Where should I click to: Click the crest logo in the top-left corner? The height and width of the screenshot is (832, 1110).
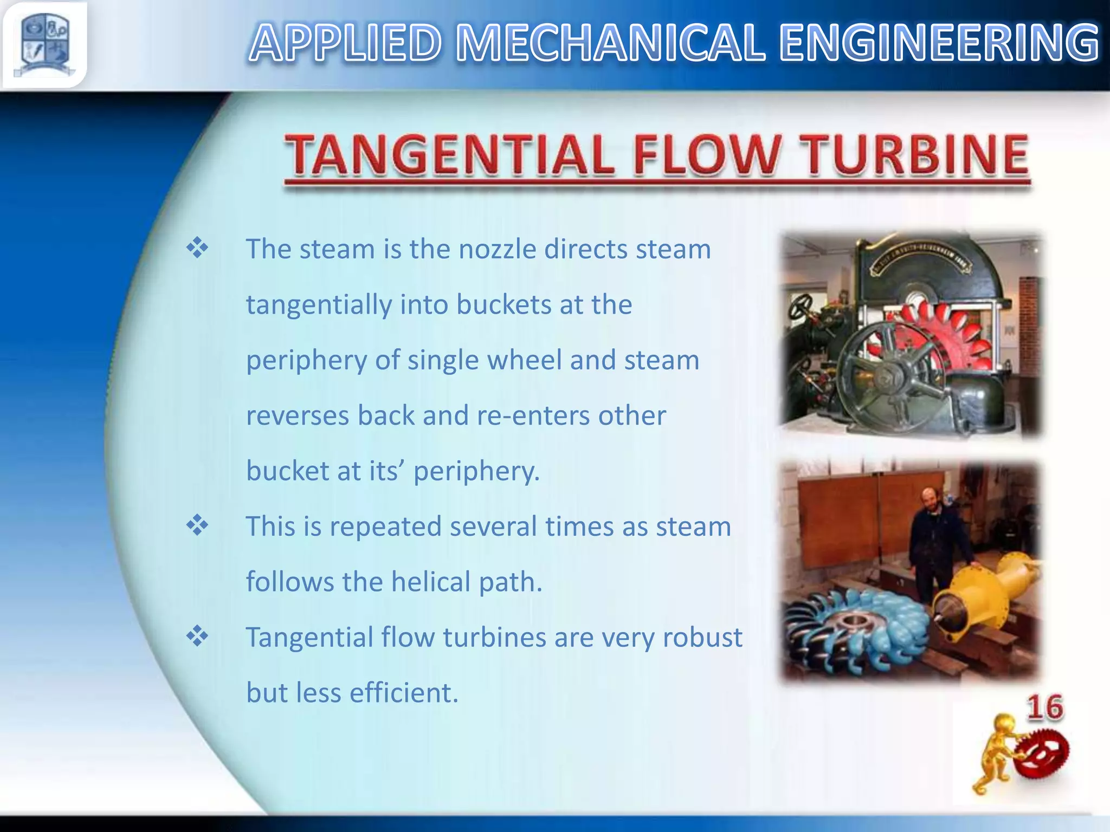point(44,45)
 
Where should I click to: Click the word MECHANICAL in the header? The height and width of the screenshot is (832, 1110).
point(610,43)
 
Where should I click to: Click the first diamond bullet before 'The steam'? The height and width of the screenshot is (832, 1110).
point(197,248)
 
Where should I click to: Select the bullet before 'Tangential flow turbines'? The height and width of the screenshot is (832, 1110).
point(197,636)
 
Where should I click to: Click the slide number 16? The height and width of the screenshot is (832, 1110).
point(1045,708)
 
